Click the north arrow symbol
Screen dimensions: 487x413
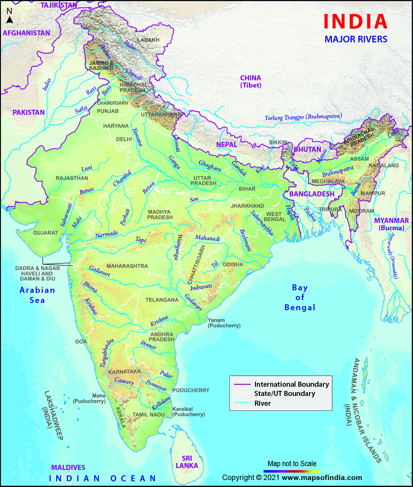[10, 20]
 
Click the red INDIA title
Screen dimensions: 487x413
[355, 22]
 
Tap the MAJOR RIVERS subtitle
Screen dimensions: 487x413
[356, 39]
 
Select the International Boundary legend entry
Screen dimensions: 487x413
[291, 384]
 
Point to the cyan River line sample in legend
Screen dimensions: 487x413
[242, 403]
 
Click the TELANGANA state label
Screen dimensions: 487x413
[162, 300]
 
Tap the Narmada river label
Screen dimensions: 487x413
[106, 234]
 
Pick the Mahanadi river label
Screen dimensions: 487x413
[207, 238]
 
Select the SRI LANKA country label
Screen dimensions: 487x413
[187, 462]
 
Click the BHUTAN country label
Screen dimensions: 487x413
[307, 149]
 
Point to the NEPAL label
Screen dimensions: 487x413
[227, 145]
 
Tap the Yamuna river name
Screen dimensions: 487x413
[137, 137]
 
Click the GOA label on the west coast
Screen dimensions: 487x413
[81, 342]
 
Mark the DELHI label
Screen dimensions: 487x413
[124, 139]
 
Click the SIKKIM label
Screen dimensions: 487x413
[278, 143]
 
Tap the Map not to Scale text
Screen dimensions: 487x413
[292, 464]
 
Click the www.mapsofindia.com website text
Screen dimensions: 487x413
[322, 478]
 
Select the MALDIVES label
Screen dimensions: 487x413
[68, 467]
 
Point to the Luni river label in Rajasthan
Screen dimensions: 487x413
[87, 168]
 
